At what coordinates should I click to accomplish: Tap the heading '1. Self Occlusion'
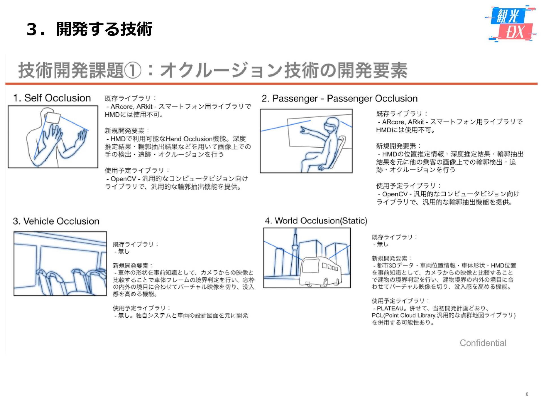point(52,98)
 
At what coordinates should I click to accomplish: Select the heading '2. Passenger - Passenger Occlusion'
point(339,98)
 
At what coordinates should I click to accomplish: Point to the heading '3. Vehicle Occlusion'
point(56,221)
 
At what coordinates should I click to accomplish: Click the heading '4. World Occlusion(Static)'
point(316,220)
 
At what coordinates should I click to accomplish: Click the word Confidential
point(483,343)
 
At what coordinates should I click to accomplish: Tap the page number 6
point(527,394)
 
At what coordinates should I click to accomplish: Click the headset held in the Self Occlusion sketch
point(53,117)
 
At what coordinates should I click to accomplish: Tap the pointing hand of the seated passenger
point(304,130)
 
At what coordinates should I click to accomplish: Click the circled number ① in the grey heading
point(132,71)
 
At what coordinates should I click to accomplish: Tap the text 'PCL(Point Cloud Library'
point(403,315)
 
